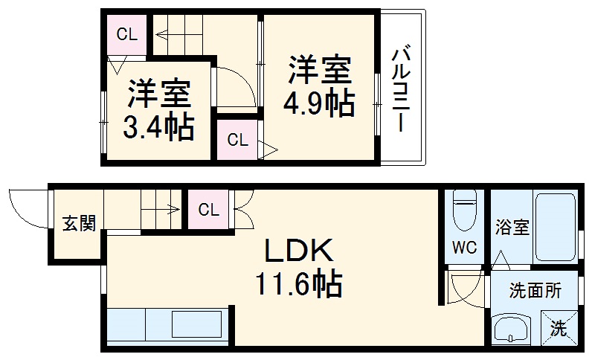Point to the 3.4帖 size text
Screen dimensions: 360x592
point(158,127)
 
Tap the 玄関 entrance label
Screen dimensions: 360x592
point(78,223)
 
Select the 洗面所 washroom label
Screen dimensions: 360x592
point(535,292)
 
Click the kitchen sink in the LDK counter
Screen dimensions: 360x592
point(197,325)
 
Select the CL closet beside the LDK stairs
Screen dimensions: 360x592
point(209,209)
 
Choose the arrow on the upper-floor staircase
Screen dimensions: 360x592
point(178,32)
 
